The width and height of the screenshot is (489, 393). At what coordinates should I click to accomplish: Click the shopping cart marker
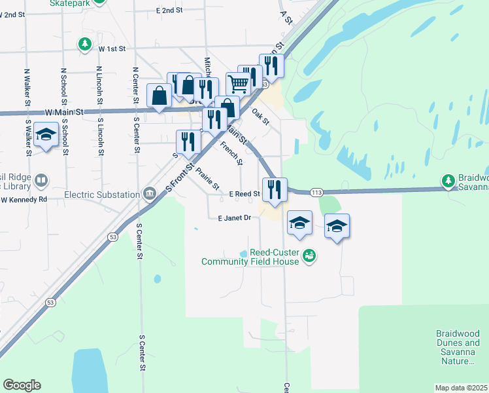coord(239,83)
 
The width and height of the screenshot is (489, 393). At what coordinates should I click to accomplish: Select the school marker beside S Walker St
coord(46,134)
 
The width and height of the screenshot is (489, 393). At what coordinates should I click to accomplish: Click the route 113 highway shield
coord(317,193)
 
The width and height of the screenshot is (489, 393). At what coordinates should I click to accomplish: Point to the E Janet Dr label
coord(235,218)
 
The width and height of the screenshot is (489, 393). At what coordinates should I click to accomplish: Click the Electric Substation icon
coord(150,194)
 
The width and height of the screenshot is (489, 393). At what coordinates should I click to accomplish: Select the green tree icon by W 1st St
coord(84,45)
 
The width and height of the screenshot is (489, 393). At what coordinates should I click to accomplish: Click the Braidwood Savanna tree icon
coord(448,180)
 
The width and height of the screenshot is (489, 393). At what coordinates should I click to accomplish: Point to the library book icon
coord(41,180)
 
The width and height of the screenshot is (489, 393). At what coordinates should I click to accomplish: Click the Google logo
coord(22,385)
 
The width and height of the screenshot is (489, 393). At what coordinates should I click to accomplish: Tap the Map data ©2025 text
coord(462,388)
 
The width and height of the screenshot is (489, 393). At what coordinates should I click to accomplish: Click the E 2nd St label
coord(169,11)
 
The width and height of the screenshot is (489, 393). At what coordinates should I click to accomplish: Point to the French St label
coord(231,153)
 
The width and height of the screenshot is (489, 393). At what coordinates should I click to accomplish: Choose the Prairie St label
coord(208,178)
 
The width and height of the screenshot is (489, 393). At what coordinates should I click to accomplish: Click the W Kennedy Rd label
coord(24,199)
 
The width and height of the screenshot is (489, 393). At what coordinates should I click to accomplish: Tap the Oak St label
coord(261,117)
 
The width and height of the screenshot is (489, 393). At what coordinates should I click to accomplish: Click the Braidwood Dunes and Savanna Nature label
coord(458,347)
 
